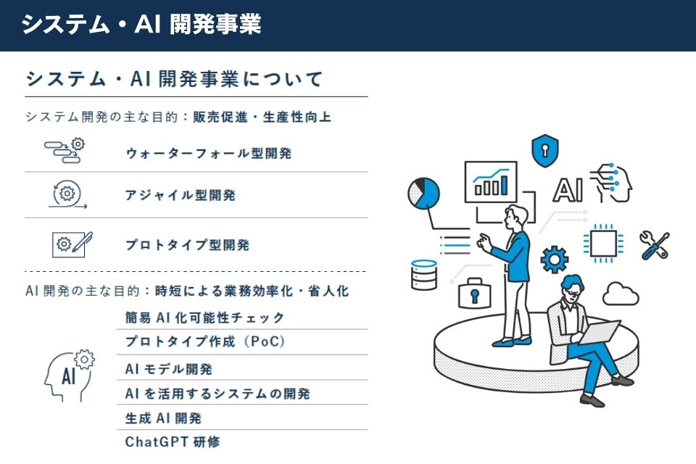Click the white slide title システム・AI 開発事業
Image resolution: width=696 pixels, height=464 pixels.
pyautogui.click(x=141, y=25)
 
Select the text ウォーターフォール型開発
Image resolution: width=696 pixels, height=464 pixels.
pyautogui.click(x=209, y=153)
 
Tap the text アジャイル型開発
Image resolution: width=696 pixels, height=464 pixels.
pyautogui.click(x=180, y=195)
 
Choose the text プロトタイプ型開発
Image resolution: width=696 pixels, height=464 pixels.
pyautogui.click(x=187, y=245)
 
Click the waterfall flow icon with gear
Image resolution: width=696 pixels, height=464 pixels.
pyautogui.click(x=65, y=151)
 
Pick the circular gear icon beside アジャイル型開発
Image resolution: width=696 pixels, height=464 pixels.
pyautogui.click(x=66, y=194)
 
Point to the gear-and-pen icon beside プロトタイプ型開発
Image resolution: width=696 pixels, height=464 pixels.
pyautogui.click(x=72, y=244)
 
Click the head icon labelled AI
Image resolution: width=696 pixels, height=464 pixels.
pyautogui.click(x=70, y=374)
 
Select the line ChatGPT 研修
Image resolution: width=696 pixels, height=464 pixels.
pyautogui.click(x=172, y=441)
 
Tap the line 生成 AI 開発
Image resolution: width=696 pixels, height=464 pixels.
pyautogui.click(x=163, y=418)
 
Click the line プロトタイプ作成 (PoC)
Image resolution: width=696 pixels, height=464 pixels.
pyautogui.click(x=205, y=341)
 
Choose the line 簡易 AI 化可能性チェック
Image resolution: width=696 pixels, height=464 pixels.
pyautogui.click(x=205, y=318)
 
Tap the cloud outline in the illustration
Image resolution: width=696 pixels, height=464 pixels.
pyautogui.click(x=620, y=293)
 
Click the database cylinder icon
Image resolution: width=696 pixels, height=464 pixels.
pyautogui.click(x=423, y=275)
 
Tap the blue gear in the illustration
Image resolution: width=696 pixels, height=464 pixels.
pyautogui.click(x=555, y=259)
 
